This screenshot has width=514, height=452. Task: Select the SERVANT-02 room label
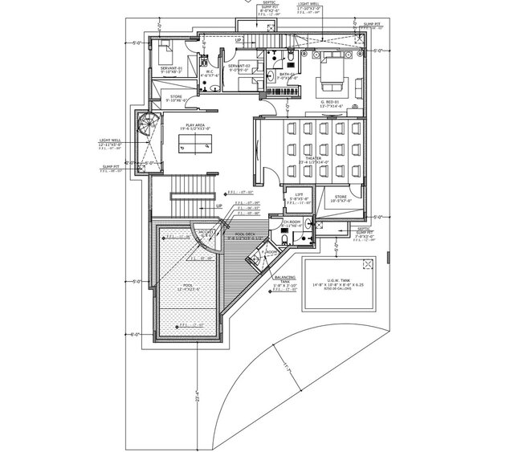tap(239, 65)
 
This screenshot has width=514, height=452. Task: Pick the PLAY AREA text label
tap(194, 125)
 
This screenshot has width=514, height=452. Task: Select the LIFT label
tap(299, 194)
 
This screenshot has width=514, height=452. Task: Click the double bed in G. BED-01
tap(330, 76)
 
